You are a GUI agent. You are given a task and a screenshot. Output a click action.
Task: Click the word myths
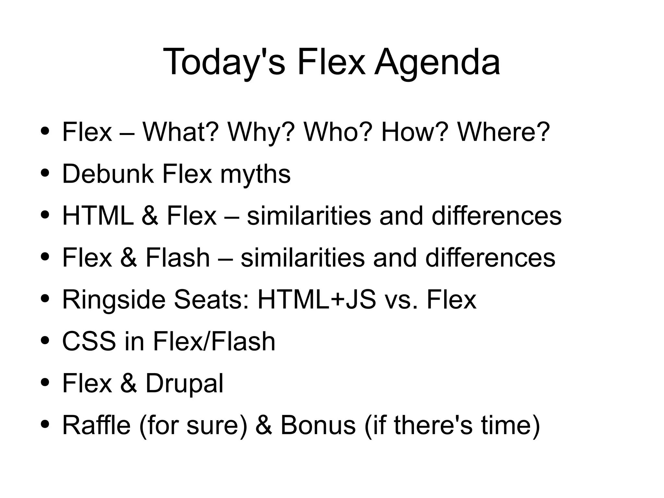255,175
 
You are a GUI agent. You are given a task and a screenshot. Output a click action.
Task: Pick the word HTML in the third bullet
98,216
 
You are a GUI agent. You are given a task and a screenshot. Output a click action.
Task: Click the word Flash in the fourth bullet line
178,258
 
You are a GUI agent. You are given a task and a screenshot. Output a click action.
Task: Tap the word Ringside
113,299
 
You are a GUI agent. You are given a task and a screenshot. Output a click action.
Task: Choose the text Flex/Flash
214,341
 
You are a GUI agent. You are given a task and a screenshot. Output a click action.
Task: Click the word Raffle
96,425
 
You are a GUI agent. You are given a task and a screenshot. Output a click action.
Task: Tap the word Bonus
318,425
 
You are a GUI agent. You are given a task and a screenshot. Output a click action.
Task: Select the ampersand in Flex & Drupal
128,383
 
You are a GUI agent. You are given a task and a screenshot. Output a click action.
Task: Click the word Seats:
211,299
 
